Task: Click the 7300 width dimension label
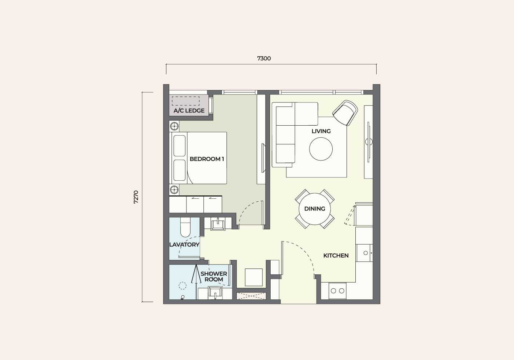(264, 58)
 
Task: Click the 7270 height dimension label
(136, 197)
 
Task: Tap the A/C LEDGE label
(189, 111)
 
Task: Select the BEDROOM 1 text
(207, 159)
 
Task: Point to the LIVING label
(321, 131)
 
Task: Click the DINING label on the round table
(315, 209)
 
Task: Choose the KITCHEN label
(336, 256)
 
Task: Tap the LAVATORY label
(184, 245)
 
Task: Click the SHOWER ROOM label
(214, 277)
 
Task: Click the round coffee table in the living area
(321, 149)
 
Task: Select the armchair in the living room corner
(345, 113)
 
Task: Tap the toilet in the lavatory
(185, 227)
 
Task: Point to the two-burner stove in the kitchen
(337, 291)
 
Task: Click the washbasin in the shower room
(215, 293)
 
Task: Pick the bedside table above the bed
(174, 126)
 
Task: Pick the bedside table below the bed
(174, 190)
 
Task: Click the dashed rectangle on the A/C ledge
(186, 101)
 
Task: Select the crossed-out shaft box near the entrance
(251, 296)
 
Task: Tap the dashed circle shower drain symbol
(182, 286)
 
